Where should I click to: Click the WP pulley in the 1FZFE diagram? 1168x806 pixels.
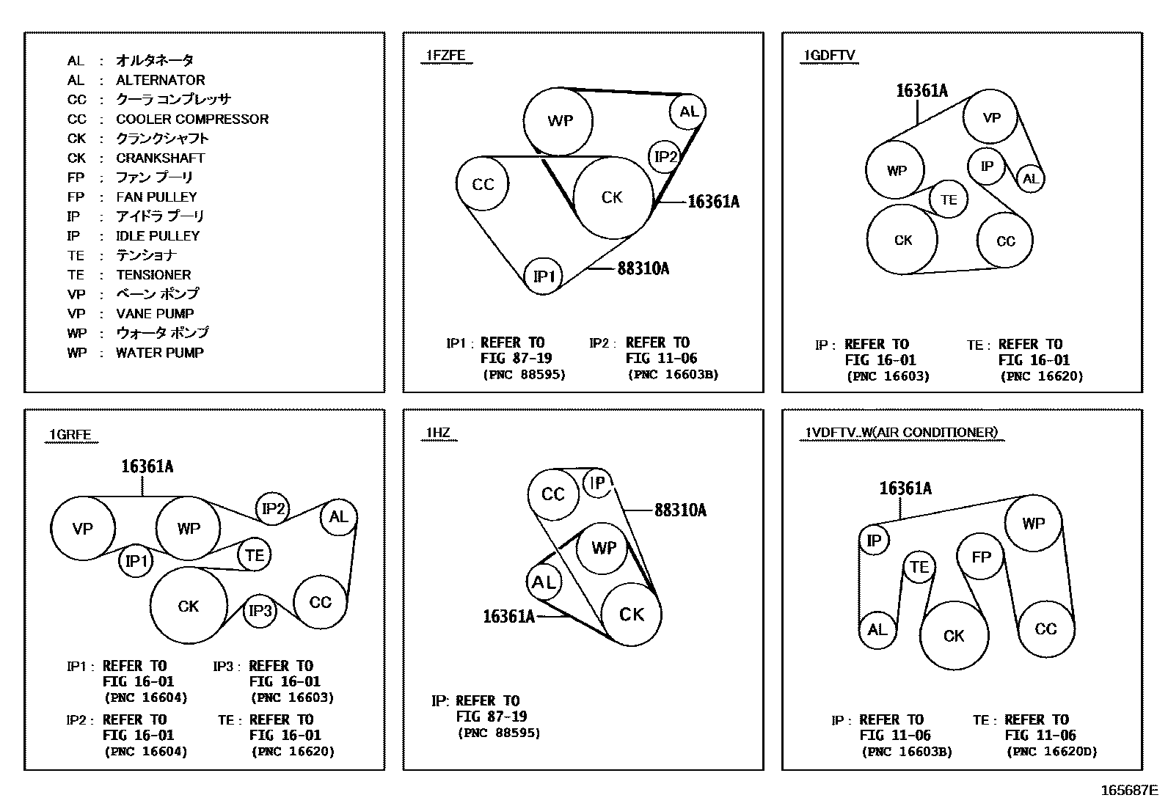(x=559, y=121)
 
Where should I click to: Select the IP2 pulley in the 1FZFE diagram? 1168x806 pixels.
(x=665, y=156)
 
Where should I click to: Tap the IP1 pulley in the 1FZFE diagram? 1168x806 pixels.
(x=543, y=276)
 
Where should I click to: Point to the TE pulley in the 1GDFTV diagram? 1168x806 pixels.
(x=949, y=199)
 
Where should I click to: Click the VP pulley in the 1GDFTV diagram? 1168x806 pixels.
(x=991, y=117)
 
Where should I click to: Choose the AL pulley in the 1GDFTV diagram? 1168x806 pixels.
(x=1030, y=179)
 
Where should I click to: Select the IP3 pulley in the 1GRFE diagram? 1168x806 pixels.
(x=260, y=611)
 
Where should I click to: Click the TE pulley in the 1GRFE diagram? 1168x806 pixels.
(x=255, y=555)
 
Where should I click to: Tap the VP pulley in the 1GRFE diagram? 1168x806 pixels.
(x=83, y=529)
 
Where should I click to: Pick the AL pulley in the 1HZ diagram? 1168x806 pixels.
(x=544, y=582)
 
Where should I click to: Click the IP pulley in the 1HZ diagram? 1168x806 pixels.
(x=598, y=483)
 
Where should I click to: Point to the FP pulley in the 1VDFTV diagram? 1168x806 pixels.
(x=981, y=557)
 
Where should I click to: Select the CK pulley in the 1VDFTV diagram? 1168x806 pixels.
(x=954, y=636)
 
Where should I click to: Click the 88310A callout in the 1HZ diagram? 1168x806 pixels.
(x=680, y=510)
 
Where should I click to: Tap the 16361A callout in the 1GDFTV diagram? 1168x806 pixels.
(x=921, y=91)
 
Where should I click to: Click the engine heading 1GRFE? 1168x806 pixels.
(x=70, y=435)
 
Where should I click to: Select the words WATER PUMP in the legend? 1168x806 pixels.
(x=160, y=353)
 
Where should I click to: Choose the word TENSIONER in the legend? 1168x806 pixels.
(x=153, y=275)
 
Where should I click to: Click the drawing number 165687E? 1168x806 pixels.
(x=1128, y=791)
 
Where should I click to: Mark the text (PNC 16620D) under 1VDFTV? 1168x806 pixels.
(x=1051, y=752)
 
